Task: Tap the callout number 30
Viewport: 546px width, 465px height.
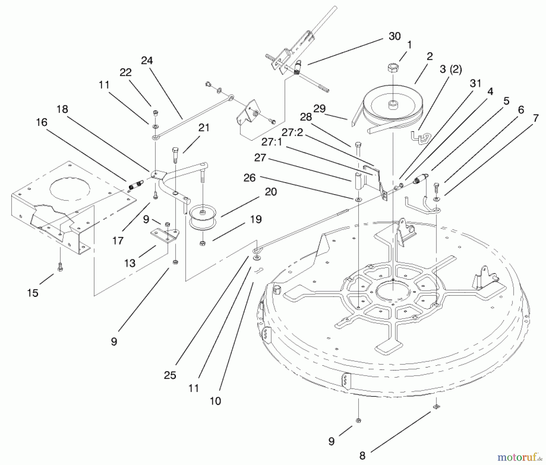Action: [x=395, y=36]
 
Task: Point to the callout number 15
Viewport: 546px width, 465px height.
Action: [x=33, y=293]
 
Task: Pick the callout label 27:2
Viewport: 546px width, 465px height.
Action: [x=292, y=132]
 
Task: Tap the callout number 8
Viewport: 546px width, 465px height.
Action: [x=362, y=455]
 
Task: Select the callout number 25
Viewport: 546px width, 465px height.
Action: [x=170, y=375]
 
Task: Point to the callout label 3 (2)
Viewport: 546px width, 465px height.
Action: [x=451, y=69]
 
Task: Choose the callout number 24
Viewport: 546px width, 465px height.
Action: [x=147, y=61]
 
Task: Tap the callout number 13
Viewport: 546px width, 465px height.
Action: [x=130, y=263]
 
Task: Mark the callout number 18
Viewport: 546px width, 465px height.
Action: [x=62, y=109]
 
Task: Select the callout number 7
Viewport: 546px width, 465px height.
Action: [x=536, y=118]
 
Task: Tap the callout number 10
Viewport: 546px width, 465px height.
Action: [x=215, y=401]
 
